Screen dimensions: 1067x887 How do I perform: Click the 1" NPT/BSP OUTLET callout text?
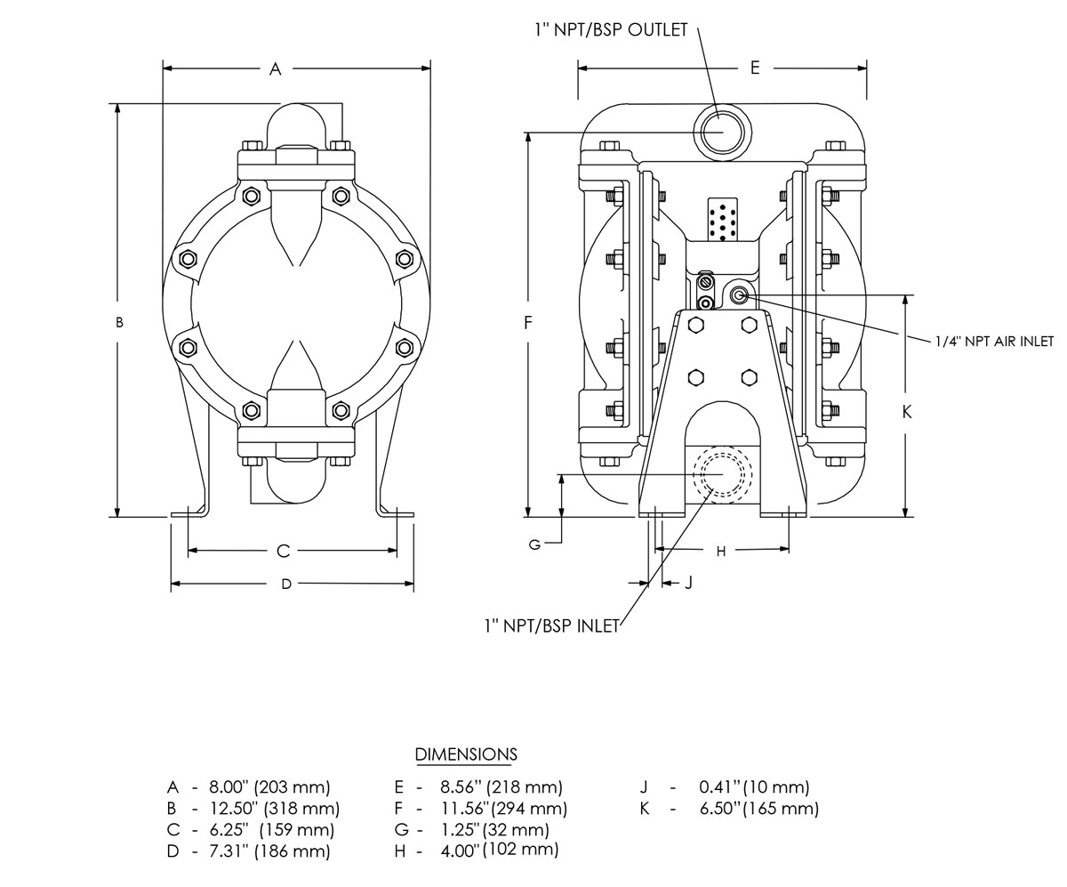611,29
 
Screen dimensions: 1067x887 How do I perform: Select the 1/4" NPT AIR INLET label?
994,341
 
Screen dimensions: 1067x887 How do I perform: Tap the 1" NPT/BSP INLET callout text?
552,625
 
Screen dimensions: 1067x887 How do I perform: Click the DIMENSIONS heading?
466,754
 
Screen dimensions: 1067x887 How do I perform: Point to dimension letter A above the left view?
275,69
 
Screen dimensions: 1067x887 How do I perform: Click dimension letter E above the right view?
755,68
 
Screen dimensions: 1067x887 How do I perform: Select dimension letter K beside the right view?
907,412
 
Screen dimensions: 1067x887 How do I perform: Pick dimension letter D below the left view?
286,584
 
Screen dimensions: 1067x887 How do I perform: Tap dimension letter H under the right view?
721,551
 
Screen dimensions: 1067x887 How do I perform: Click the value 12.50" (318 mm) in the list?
275,809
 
